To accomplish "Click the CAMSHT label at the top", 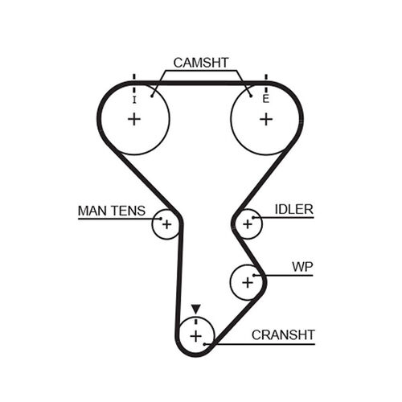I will tap(200, 61).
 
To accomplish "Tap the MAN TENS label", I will tap(111, 211).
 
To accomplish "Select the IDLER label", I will tap(293, 209).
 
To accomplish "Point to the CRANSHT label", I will tap(283, 334).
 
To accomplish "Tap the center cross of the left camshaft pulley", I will tap(133, 119).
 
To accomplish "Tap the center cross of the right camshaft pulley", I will tap(265, 119).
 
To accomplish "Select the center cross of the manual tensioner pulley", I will tap(166, 224).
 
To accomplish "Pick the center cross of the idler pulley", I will tap(248, 224).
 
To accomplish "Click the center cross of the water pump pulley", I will tap(248, 281).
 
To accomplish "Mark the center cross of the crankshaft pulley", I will tap(195, 334).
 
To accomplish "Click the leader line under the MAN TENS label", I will tap(113, 219).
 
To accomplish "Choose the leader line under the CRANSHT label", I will tap(265, 345).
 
